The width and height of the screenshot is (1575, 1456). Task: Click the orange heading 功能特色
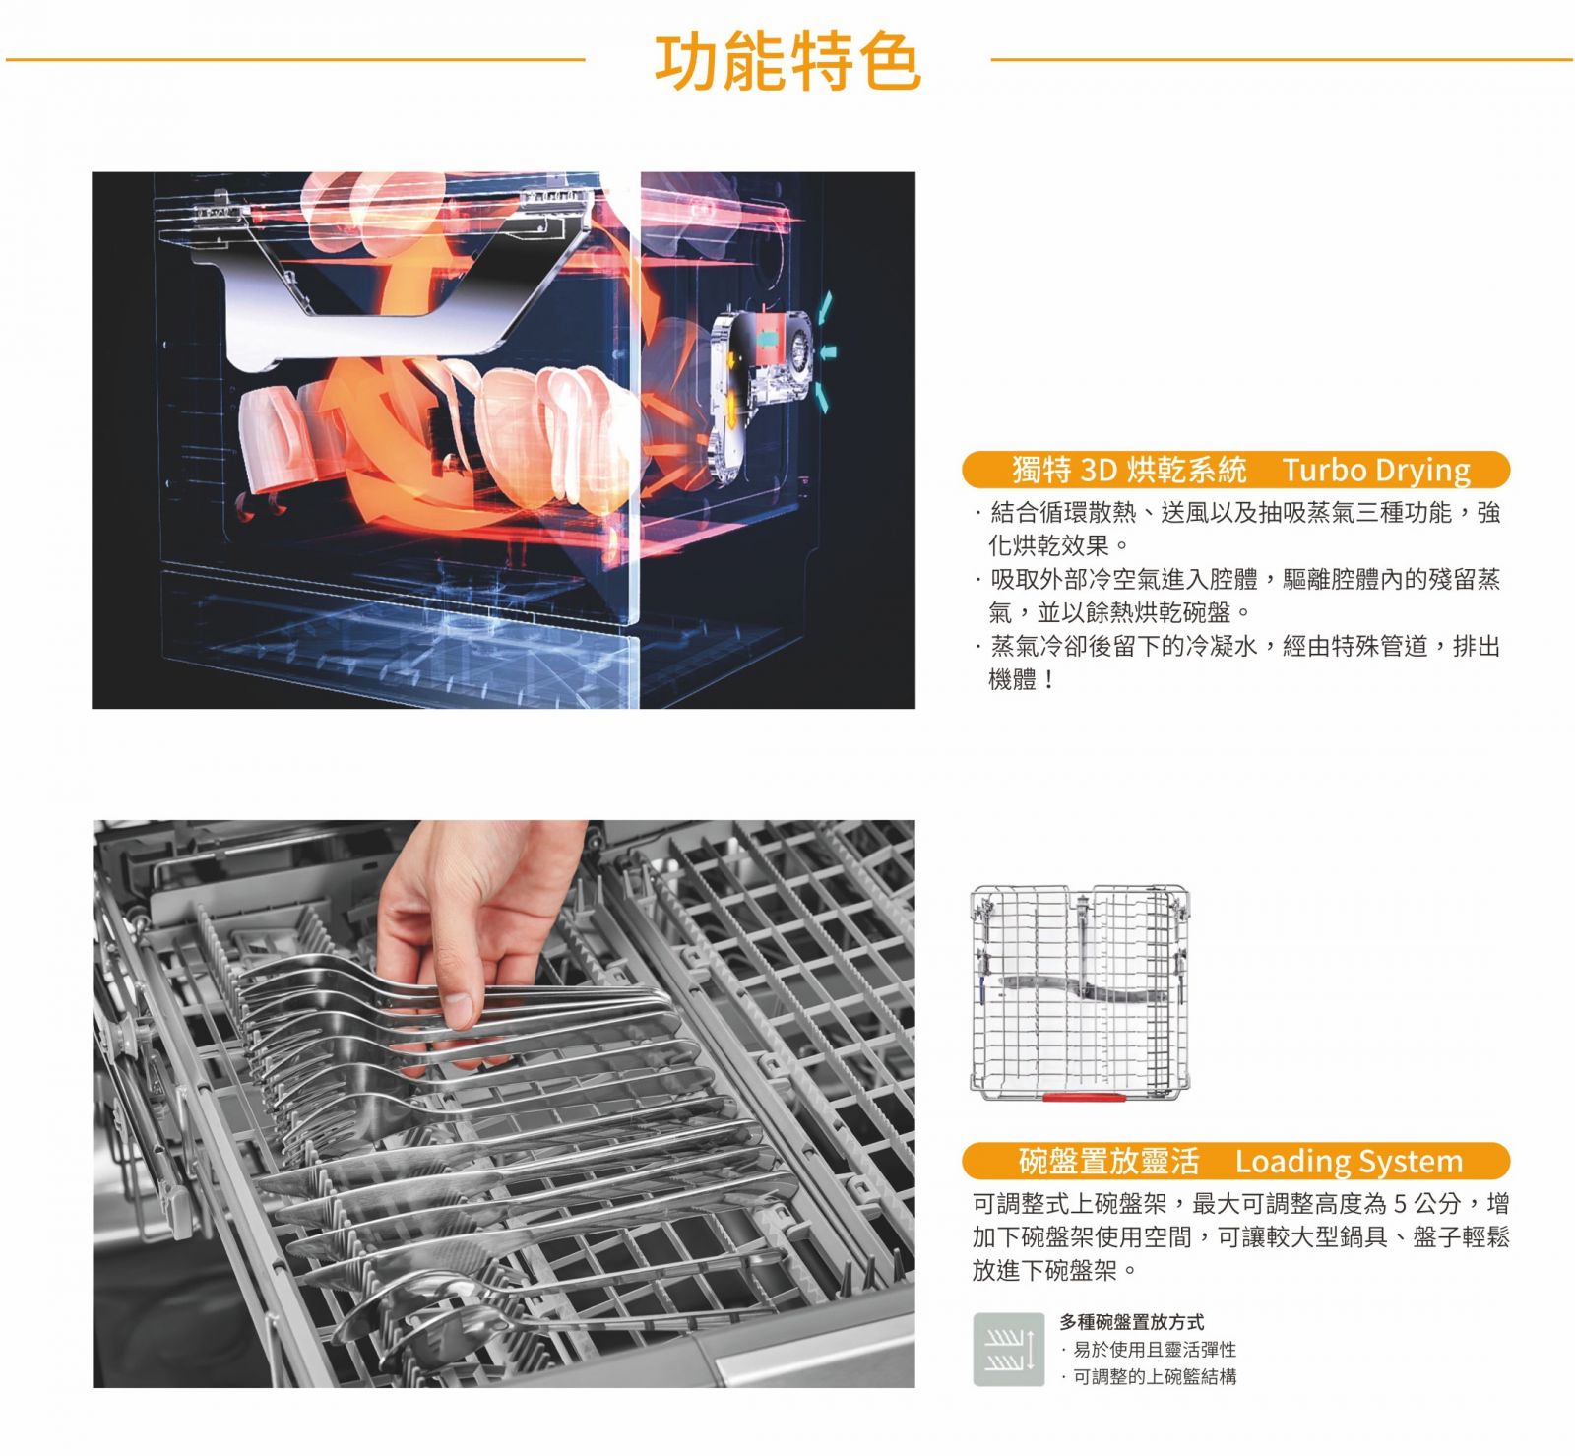tap(787, 60)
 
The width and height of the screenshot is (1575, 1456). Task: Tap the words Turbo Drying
tap(1376, 470)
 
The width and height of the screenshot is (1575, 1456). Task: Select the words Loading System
tap(1349, 1162)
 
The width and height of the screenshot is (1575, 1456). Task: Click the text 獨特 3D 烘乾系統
tap(1129, 470)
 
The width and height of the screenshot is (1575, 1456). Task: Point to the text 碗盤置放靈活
tap(1108, 1162)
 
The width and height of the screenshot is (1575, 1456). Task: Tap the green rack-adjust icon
tap(1008, 1349)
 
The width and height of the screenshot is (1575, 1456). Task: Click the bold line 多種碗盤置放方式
tap(1131, 1321)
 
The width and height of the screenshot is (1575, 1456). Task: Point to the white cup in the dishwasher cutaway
tap(271, 438)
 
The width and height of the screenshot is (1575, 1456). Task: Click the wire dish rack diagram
tap(1080, 992)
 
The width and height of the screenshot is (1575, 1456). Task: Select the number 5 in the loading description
tap(1402, 1203)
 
